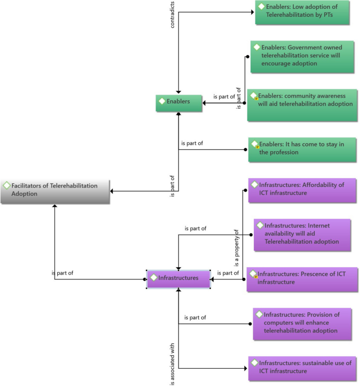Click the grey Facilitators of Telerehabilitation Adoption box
point(55,191)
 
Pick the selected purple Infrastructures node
point(179,279)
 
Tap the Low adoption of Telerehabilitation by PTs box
point(302,13)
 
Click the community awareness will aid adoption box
point(302,103)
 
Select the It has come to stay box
point(302,150)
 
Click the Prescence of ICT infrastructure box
point(302,279)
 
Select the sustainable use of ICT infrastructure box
point(302,368)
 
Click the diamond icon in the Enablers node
point(162,101)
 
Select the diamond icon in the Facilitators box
point(7,186)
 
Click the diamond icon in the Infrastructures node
point(153,277)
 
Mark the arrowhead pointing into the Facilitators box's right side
point(113,191)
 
